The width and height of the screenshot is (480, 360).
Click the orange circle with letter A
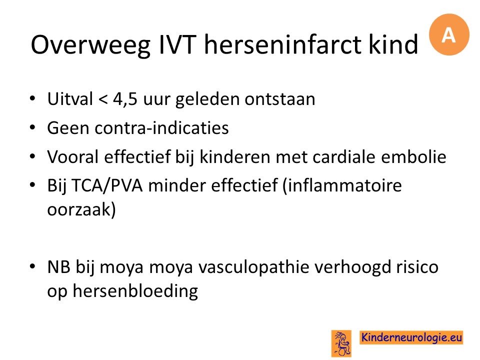[449, 34]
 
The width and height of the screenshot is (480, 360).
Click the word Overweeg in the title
[90, 45]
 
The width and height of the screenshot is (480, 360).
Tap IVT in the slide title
[177, 44]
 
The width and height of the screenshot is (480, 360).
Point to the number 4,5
[125, 99]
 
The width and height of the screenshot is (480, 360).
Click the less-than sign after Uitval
[103, 99]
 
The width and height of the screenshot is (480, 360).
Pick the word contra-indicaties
[161, 127]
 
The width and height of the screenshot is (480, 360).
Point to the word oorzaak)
[81, 209]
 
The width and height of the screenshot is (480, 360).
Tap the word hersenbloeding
[135, 291]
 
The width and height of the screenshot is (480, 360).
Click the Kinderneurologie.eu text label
[411, 337]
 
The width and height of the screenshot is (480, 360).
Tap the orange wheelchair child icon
[341, 343]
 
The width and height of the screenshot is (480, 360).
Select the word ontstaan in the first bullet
[279, 99]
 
